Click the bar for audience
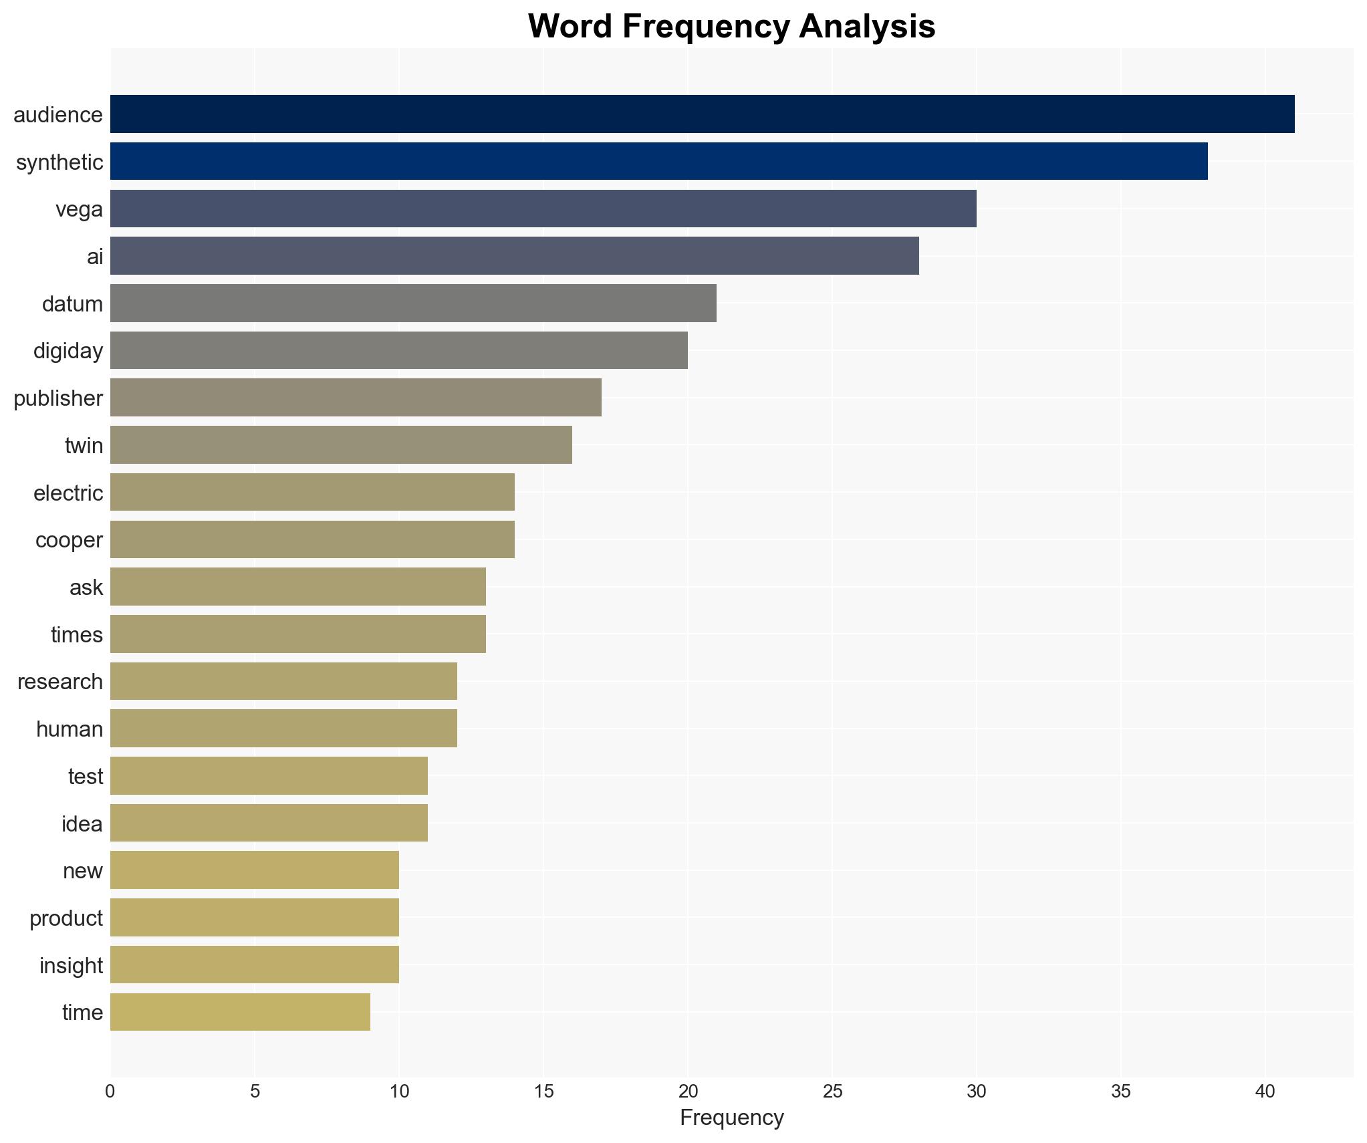click(x=702, y=114)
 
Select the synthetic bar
click(x=658, y=161)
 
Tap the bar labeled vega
click(x=543, y=209)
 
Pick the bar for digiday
click(x=398, y=350)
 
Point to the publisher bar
click(x=356, y=398)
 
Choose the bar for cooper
click(x=312, y=539)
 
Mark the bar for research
click(x=283, y=681)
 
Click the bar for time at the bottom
click(x=240, y=1012)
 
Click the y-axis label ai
click(x=95, y=256)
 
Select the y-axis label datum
click(x=72, y=303)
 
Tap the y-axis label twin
click(x=84, y=445)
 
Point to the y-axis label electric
click(x=68, y=493)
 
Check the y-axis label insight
click(x=71, y=965)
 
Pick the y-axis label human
click(x=70, y=729)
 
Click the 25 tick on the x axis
click(x=832, y=1092)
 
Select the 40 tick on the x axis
click(x=1265, y=1092)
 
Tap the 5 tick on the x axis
click(x=255, y=1092)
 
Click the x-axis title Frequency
click(x=731, y=1118)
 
